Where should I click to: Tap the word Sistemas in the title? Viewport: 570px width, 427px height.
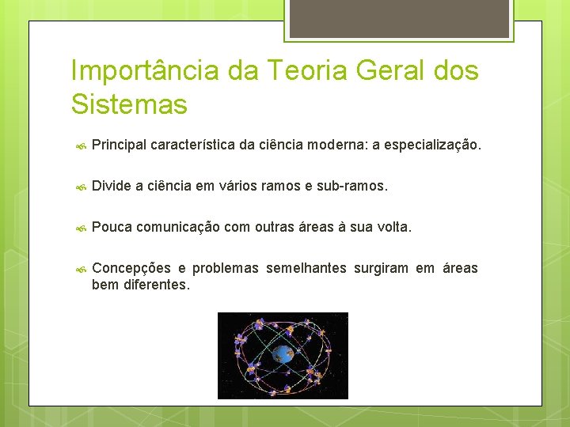click(129, 104)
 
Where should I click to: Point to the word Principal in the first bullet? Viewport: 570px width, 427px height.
click(118, 145)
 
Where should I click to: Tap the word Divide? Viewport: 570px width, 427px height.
click(112, 186)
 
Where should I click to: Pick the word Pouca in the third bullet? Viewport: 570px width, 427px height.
click(112, 227)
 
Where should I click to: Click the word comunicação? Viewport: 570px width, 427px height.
click(178, 227)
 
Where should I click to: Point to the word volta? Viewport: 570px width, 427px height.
click(393, 227)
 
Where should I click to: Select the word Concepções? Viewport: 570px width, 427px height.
click(131, 268)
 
